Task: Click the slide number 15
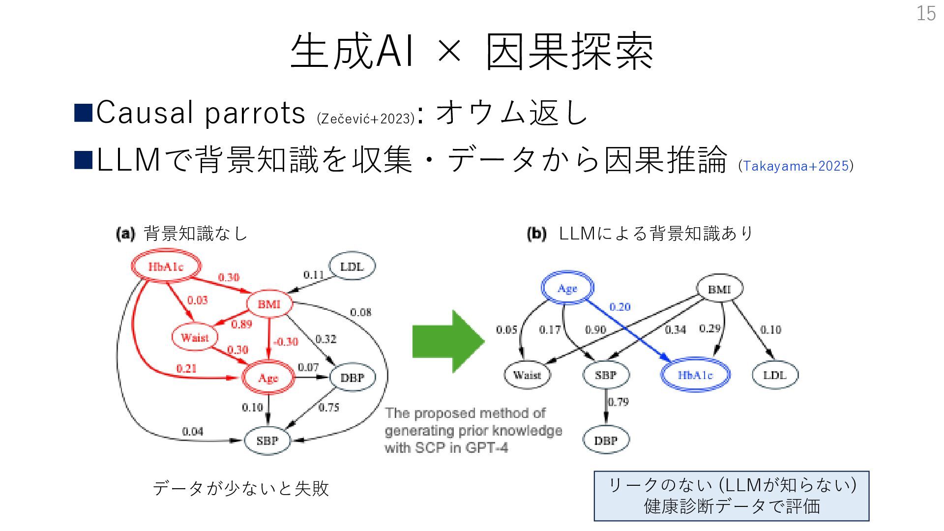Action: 926,13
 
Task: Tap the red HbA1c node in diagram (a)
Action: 166,267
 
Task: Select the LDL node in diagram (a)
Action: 352,266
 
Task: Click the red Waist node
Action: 195,337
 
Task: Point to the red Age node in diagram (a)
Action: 268,378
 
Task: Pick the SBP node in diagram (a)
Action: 267,441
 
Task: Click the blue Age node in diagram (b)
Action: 567,289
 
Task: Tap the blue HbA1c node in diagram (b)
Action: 695,375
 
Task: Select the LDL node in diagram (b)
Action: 775,375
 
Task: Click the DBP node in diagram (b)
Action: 606,440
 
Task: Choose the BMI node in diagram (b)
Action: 719,289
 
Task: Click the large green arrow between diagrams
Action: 447,341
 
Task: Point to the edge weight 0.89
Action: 241,324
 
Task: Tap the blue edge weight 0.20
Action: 619,307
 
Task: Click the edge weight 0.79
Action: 619,402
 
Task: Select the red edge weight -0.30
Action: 286,341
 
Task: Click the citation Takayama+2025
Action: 796,166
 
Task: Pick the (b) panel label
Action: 536,234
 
